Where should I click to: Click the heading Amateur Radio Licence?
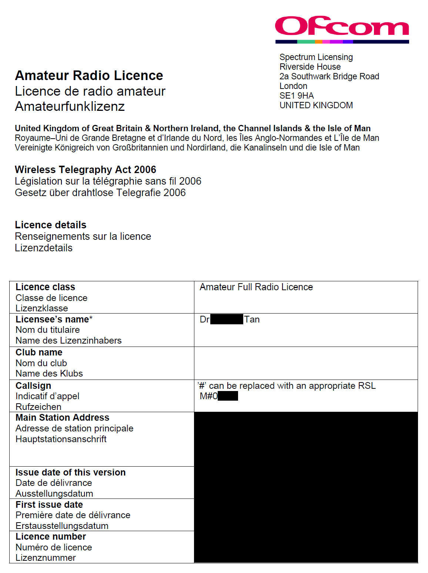coord(89,76)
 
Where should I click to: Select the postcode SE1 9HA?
coord(297,96)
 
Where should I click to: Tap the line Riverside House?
coord(310,67)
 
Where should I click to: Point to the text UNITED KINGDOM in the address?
coord(316,105)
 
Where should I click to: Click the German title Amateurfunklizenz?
coord(70,106)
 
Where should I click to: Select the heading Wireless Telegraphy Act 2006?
coord(85,170)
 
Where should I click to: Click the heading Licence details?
coord(50,225)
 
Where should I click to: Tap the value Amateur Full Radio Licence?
coord(256,287)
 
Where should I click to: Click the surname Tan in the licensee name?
coord(252,319)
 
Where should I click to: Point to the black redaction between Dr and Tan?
coord(227,319)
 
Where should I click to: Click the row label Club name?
coord(39,352)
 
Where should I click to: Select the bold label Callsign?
coord(33,386)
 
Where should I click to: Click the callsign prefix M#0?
coord(208,396)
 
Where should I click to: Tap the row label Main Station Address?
coord(62,418)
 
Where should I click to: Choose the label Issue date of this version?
coord(70,473)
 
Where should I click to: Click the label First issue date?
coord(49,505)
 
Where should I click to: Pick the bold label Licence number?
coord(50,537)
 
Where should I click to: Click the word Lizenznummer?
coord(46,558)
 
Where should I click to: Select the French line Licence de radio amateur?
coord(90,91)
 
